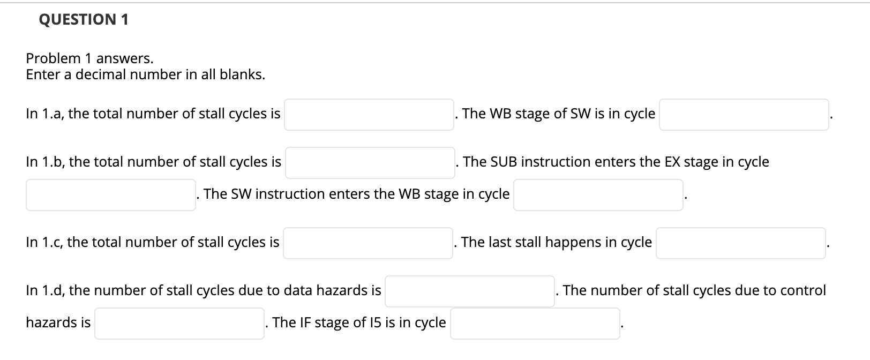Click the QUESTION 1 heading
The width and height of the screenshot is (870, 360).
point(84,20)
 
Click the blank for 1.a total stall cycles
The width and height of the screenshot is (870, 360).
point(369,115)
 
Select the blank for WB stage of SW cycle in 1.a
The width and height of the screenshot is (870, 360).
point(744,115)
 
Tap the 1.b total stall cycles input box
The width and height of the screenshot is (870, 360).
point(370,163)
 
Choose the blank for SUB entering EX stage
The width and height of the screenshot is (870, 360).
point(110,195)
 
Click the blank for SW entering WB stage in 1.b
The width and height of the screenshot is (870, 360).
point(598,195)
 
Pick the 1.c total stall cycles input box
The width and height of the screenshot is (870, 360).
point(367,243)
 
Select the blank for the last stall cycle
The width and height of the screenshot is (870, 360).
point(740,243)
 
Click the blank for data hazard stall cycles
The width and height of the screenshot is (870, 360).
point(469,291)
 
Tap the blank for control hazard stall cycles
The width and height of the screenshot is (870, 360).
point(179,324)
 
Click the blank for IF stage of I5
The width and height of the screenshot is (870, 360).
point(535,324)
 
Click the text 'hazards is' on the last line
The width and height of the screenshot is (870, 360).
point(58,322)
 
